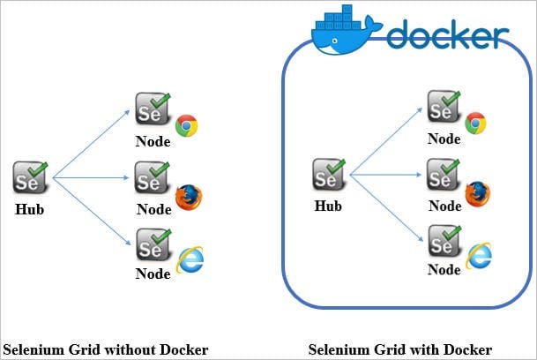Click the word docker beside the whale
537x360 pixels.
[x=448, y=34]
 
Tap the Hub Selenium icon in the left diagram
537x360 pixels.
[x=31, y=177]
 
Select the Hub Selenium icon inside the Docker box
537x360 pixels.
[x=329, y=174]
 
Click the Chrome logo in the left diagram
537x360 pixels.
[x=187, y=125]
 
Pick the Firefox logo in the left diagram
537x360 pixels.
[x=189, y=197]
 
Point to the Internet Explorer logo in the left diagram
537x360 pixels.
[x=190, y=259]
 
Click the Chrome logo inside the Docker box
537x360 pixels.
[x=475, y=123]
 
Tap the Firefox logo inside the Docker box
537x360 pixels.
[x=477, y=194]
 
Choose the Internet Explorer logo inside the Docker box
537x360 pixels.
[x=479, y=256]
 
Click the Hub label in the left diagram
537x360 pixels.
[x=29, y=209]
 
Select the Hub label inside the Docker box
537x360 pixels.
[x=328, y=206]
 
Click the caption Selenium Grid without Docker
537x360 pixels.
[x=106, y=349]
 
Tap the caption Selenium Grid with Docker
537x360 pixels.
[x=400, y=349]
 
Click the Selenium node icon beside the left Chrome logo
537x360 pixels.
[x=153, y=109]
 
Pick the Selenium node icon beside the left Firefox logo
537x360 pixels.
[x=153, y=177]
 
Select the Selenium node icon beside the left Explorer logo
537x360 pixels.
[x=153, y=244]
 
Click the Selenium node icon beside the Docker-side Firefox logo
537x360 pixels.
[x=444, y=174]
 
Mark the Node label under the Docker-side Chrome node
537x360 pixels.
[x=444, y=139]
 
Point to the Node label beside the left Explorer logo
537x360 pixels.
[x=153, y=274]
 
